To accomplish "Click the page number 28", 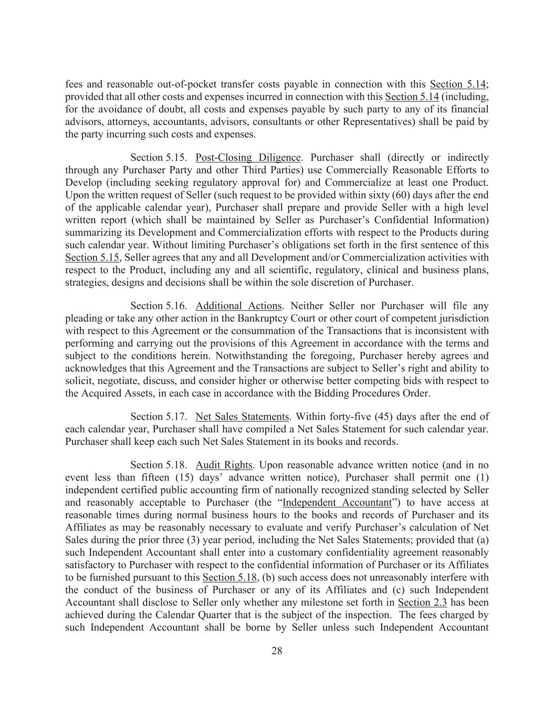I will coord(277,651).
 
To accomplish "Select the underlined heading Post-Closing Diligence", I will coord(248,158).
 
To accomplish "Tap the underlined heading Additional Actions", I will coord(238,306).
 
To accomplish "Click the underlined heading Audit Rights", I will coord(224,465).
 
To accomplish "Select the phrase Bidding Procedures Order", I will coord(374,393).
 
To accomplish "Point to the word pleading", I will coord(84,318).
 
